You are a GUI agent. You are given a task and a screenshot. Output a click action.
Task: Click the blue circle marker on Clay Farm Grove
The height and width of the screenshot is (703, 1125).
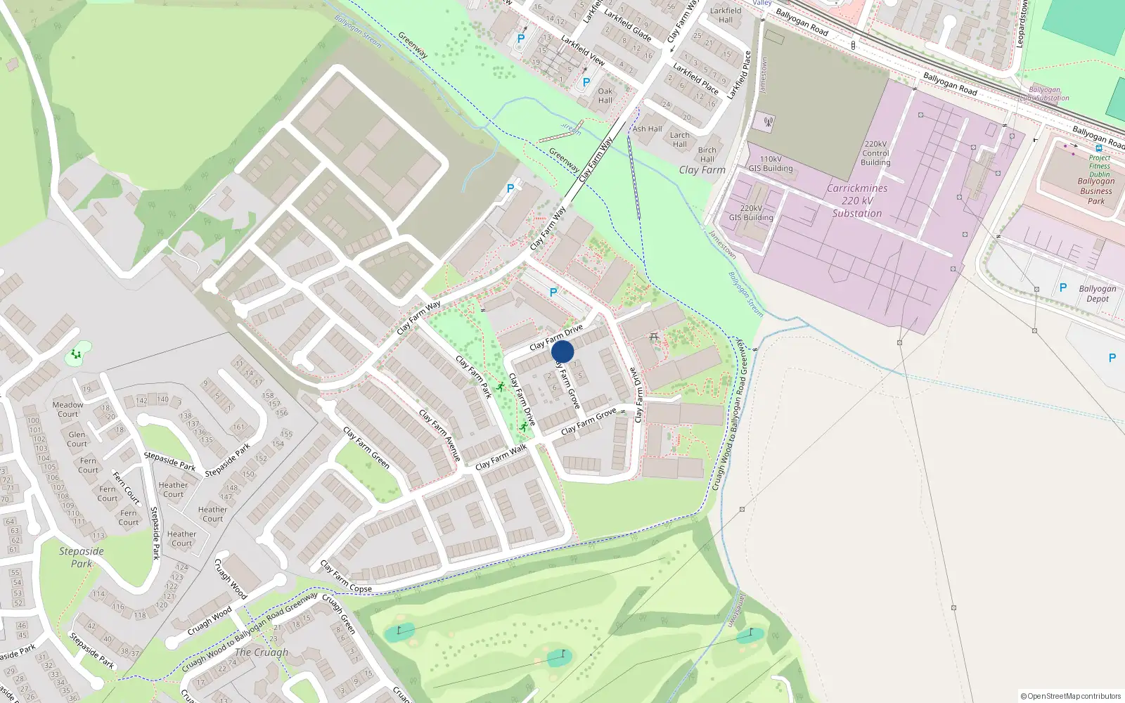tap(562, 352)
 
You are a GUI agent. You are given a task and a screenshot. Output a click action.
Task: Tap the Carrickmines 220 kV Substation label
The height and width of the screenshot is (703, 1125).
tap(857, 201)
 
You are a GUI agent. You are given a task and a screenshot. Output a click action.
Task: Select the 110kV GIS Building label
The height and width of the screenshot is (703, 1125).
tap(771, 164)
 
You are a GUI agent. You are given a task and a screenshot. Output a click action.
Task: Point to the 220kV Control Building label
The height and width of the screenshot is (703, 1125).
tap(875, 153)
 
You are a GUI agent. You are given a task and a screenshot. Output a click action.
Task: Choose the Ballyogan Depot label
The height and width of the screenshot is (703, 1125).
tap(1097, 294)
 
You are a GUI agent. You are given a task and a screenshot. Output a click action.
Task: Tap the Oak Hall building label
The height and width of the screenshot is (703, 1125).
tap(605, 96)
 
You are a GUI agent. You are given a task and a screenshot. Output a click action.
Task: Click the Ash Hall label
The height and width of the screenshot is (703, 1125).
tap(648, 129)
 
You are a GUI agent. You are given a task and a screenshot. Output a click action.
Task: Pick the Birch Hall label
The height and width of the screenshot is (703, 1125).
tap(707, 155)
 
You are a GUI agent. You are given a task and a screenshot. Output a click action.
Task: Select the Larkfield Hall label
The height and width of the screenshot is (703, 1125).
tap(726, 15)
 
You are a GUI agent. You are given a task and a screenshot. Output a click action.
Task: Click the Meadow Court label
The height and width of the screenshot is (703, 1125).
tap(67, 409)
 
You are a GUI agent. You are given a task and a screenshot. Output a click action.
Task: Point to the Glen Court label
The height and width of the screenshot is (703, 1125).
tap(77, 439)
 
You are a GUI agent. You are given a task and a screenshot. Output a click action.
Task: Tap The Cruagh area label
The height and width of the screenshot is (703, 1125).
tap(261, 652)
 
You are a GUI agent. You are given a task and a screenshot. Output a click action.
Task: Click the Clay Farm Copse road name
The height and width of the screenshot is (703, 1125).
tap(346, 577)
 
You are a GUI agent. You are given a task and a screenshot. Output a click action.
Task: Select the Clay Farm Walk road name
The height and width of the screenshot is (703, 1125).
tap(501, 458)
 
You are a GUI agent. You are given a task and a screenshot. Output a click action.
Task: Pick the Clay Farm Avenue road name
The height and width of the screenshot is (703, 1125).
tap(440, 436)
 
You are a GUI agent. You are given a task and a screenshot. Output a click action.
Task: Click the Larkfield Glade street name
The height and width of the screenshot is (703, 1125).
tap(627, 25)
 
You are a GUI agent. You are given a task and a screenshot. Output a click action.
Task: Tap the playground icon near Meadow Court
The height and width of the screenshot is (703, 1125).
tap(76, 354)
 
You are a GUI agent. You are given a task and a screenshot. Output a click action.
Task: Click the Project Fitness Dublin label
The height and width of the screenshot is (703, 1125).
tap(1100, 166)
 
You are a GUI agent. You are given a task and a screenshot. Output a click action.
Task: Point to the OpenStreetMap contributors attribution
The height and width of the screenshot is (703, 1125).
tap(1070, 697)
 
